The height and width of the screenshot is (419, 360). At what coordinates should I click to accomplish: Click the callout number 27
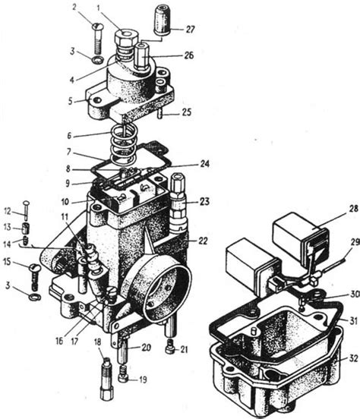[x=190, y=29]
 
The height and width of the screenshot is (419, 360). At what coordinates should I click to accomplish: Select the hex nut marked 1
[x=125, y=37]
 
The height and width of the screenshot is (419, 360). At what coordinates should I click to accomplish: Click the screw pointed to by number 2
[x=98, y=39]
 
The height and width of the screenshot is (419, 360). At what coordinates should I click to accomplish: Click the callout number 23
[x=204, y=201]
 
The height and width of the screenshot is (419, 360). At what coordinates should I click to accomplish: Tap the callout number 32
[x=354, y=358]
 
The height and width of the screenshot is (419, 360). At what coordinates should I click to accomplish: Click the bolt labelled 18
[x=107, y=379]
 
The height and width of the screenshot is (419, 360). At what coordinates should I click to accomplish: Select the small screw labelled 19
[x=123, y=373]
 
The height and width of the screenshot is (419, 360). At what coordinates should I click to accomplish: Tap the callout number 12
[x=8, y=211]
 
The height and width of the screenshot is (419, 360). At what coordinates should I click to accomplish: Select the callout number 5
[x=71, y=102]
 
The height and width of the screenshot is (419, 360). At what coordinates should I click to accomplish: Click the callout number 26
[x=188, y=55]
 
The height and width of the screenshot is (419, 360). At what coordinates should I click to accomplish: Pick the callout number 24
[x=205, y=163]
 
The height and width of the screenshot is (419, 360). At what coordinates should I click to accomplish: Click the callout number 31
[x=354, y=320]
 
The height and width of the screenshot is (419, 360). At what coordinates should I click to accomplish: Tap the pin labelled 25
[x=159, y=113]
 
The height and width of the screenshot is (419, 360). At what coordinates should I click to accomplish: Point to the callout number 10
[x=65, y=202]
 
